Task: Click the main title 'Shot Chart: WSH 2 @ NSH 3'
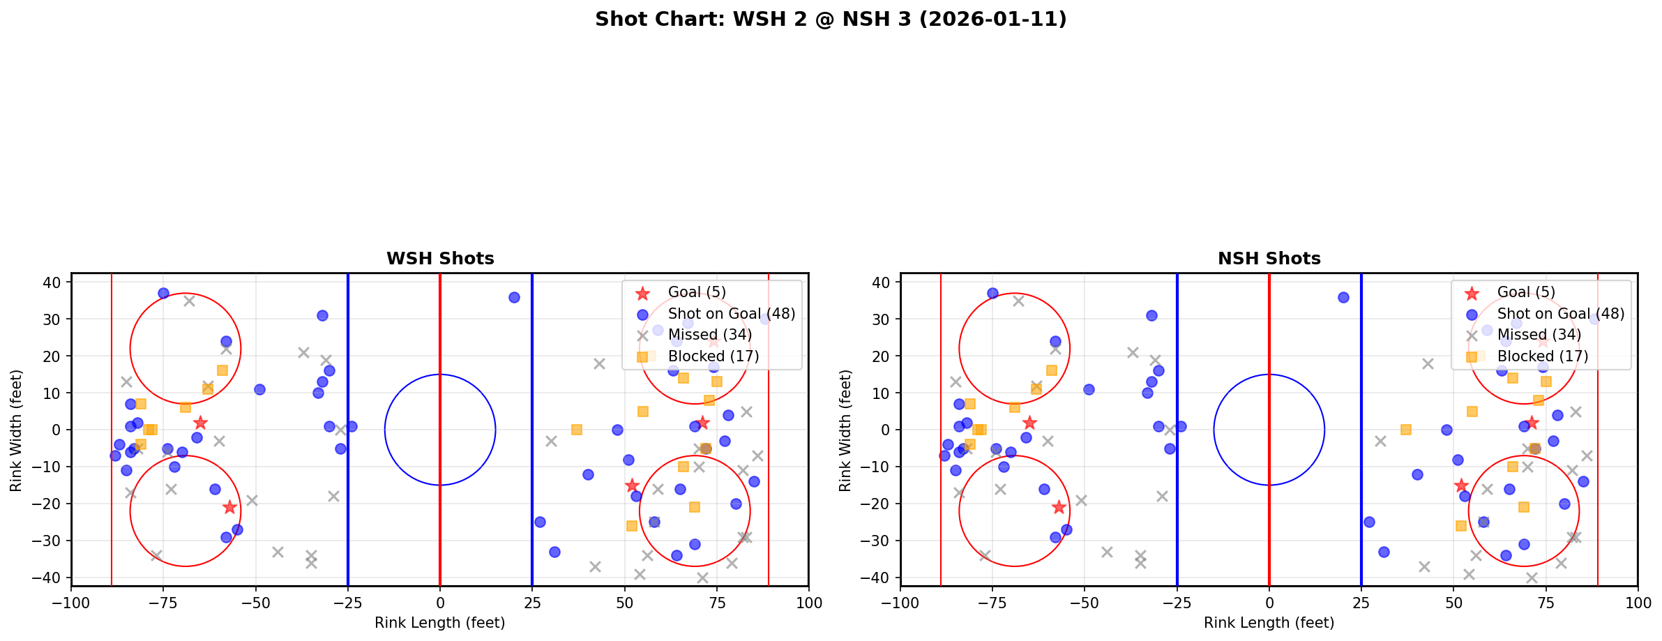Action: point(831,20)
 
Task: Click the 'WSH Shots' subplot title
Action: point(440,259)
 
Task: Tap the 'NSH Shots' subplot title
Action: point(1269,259)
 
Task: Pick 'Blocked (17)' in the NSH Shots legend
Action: point(1543,356)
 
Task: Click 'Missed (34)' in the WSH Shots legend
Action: point(709,335)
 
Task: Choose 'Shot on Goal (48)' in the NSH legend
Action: point(1561,314)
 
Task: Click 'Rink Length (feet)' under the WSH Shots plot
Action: point(440,623)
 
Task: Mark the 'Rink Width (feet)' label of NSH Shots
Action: point(846,430)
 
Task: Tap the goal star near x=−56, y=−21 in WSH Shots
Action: point(230,507)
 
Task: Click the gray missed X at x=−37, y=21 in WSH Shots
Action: point(303,352)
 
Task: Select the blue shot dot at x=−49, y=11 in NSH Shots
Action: point(1089,389)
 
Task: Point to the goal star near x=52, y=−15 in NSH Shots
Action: point(1461,485)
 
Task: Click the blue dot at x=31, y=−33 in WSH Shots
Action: point(554,552)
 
